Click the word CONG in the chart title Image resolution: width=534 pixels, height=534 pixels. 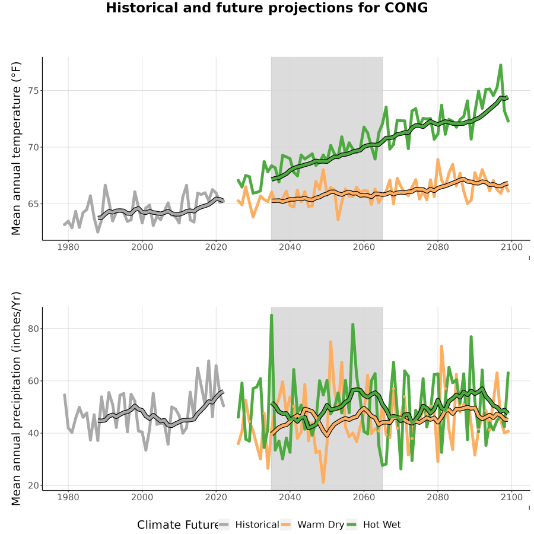pyautogui.click(x=406, y=8)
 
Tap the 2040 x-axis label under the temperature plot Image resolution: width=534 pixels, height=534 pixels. pyautogui.click(x=290, y=247)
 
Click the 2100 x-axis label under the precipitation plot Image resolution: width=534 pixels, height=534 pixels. pyautogui.click(x=512, y=497)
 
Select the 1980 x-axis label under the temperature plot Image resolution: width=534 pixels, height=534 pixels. pyautogui.click(x=68, y=247)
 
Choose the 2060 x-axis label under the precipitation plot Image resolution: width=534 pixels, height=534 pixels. pyautogui.click(x=364, y=497)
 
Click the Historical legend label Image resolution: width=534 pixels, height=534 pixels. pyautogui.click(x=257, y=525)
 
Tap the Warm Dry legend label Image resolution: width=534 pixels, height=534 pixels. pyautogui.click(x=321, y=525)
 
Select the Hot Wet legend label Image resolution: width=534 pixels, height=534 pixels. pyautogui.click(x=382, y=525)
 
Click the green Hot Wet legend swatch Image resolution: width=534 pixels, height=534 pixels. pyautogui.click(x=351, y=525)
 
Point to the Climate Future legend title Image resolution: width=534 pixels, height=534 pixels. pyautogui.click(x=177, y=525)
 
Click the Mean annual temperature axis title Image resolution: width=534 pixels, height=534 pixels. pyautogui.click(x=16, y=148)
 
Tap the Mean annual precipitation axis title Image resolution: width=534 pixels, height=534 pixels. pyautogui.click(x=16, y=399)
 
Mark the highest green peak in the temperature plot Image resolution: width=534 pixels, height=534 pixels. pyautogui.click(x=501, y=65)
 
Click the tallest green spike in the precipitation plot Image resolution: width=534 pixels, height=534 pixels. pyautogui.click(x=271, y=316)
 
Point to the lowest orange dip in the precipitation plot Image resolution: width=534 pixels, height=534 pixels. pyautogui.click(x=323, y=482)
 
